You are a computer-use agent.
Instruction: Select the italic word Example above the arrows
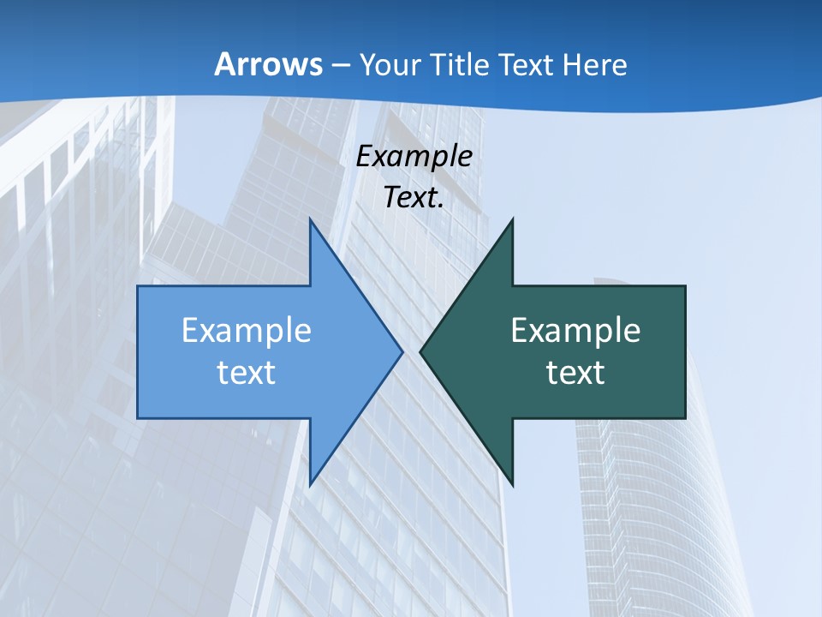pos(414,156)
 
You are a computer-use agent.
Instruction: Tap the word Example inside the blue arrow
pos(247,331)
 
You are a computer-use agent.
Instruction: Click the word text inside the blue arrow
pos(247,372)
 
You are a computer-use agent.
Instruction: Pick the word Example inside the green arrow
pos(575,331)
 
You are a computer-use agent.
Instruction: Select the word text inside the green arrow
pos(575,372)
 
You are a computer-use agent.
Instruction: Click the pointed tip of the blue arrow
pos(401,351)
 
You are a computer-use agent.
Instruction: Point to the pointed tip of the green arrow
pos(421,351)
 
